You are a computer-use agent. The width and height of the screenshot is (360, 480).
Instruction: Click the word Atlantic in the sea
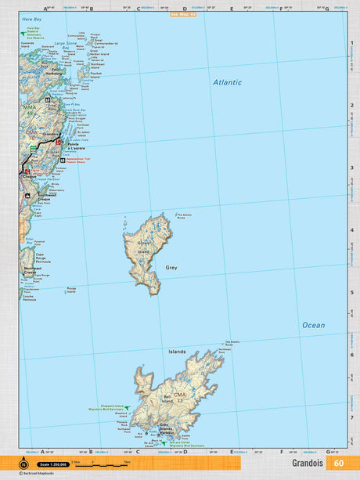point(227,82)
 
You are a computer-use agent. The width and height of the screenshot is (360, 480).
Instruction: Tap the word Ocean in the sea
point(313,325)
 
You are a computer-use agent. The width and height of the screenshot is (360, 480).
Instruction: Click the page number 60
point(338,463)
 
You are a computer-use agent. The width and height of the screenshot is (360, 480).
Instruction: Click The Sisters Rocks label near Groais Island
point(183,216)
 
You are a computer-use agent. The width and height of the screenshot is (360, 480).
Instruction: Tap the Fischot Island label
point(95,76)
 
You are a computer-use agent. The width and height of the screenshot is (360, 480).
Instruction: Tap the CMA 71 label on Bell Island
point(180,396)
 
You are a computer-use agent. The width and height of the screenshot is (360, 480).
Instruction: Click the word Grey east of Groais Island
point(171,267)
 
